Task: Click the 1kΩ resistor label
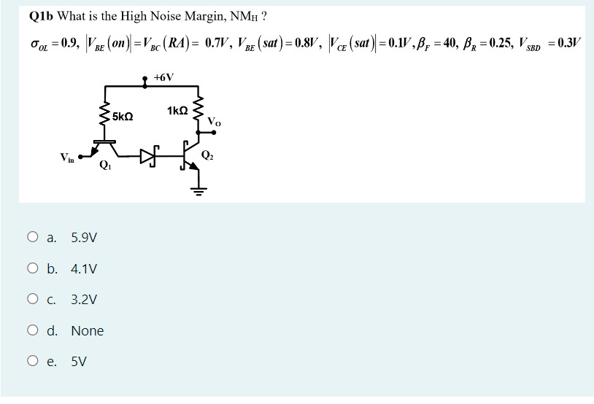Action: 177,111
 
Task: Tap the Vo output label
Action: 214,120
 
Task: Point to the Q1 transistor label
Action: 105,164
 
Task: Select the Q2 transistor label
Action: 208,155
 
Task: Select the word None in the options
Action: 88,331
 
